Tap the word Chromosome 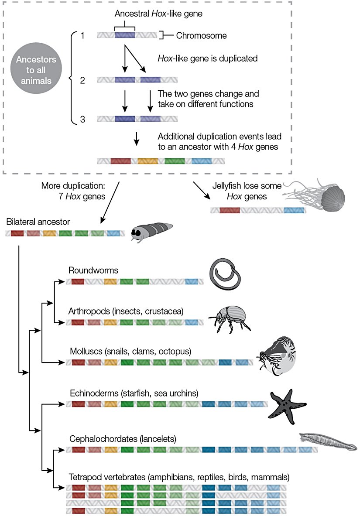pos(201,36)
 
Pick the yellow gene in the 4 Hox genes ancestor pos(147,161)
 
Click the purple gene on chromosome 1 pos(125,35)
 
